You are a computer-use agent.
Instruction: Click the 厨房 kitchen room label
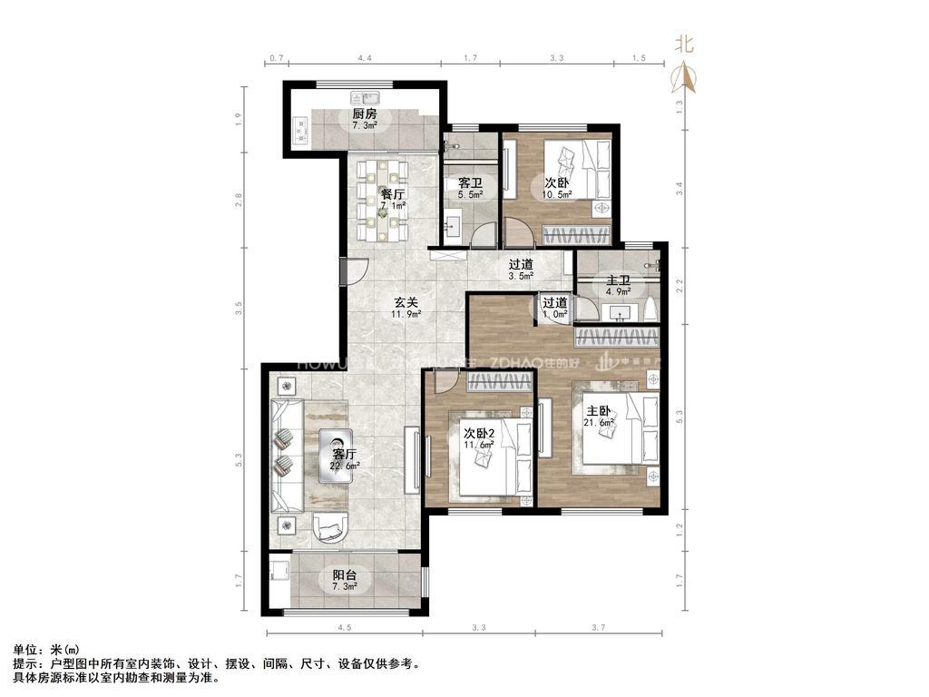point(365,114)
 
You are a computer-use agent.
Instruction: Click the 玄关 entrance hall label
point(405,303)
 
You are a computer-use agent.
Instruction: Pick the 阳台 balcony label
point(344,574)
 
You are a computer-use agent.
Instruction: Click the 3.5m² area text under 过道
point(521,276)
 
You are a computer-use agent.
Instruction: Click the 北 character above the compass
point(686,44)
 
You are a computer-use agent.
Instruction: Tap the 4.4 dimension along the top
point(365,58)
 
